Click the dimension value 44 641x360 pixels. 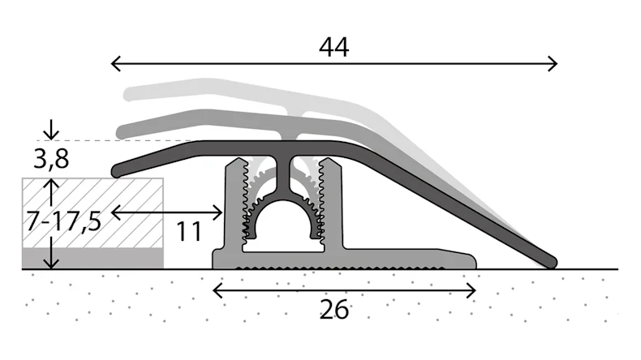[333, 48]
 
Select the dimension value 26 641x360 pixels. [333, 309]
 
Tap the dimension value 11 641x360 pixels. [189, 233]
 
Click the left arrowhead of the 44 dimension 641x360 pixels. [114, 62]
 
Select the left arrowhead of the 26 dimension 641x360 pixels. [217, 289]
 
